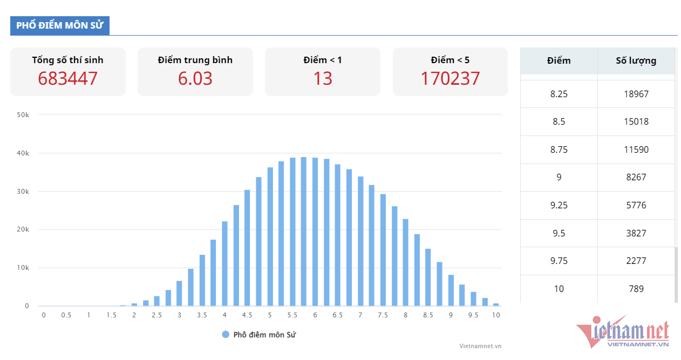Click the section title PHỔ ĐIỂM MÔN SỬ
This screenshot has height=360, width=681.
tap(59, 25)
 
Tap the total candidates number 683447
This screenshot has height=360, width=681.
tap(68, 79)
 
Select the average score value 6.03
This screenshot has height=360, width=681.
tap(195, 79)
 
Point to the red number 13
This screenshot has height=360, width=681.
tap(323, 79)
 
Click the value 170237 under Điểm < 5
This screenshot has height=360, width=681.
tap(450, 79)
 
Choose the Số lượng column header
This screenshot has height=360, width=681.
tap(636, 60)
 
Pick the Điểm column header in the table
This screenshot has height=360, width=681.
tap(559, 60)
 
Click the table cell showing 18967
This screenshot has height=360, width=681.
tap(636, 94)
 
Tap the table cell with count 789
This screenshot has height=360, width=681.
tap(636, 289)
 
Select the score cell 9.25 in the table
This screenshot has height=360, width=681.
tap(559, 205)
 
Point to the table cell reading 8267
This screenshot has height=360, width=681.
tap(636, 177)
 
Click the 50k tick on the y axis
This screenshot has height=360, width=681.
tap(23, 115)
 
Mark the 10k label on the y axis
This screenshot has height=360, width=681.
tap(23, 268)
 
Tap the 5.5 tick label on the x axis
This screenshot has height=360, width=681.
tap(292, 315)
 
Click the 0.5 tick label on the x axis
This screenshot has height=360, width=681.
tap(66, 315)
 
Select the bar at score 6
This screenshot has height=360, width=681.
tap(315, 232)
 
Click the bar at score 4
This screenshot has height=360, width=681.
tap(224, 264)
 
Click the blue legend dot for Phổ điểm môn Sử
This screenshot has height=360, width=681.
tap(226, 335)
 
